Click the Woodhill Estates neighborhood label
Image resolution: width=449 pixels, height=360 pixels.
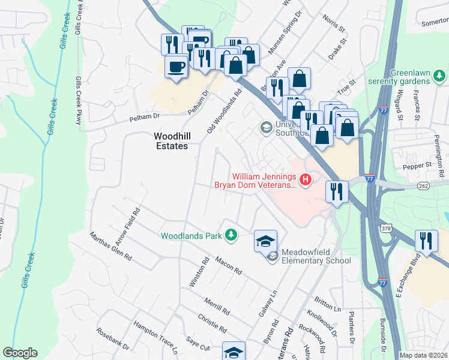click(170, 141)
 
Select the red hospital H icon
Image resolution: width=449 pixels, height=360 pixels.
click(306, 179)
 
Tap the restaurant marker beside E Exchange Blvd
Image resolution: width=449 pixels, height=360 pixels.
click(426, 241)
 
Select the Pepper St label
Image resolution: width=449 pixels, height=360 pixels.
click(417, 165)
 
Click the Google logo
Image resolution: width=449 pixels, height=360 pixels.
click(20, 353)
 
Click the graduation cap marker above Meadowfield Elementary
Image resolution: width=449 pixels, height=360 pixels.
click(266, 241)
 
